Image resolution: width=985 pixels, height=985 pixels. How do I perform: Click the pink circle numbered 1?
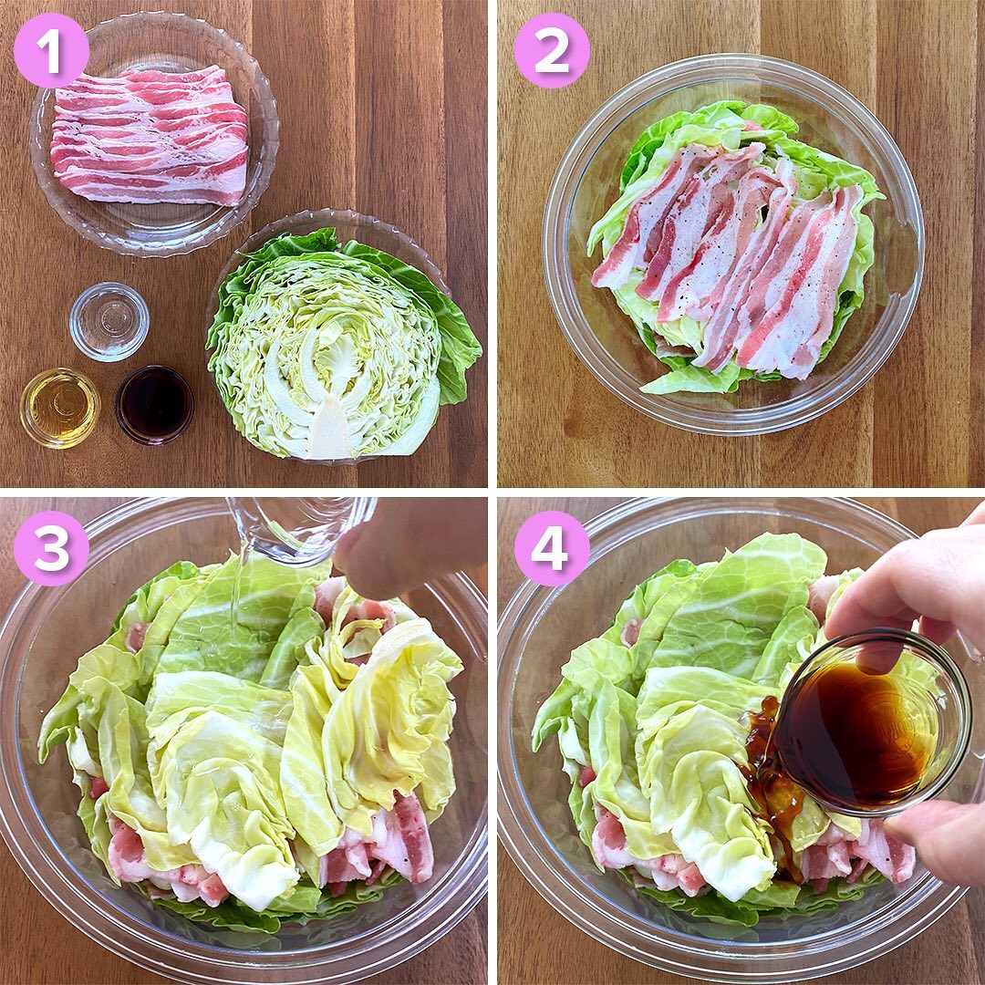51,51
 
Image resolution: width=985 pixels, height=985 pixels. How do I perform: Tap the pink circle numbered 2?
552,51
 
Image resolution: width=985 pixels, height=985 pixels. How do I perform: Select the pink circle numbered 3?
51,548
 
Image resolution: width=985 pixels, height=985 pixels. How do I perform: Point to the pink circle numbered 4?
552,548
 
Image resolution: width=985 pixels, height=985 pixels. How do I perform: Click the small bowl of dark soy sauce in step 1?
154,405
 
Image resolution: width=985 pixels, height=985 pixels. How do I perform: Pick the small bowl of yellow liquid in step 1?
59,408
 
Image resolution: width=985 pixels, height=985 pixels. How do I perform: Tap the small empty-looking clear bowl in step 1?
109,322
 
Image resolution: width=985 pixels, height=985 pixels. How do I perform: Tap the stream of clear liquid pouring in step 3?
236,596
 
